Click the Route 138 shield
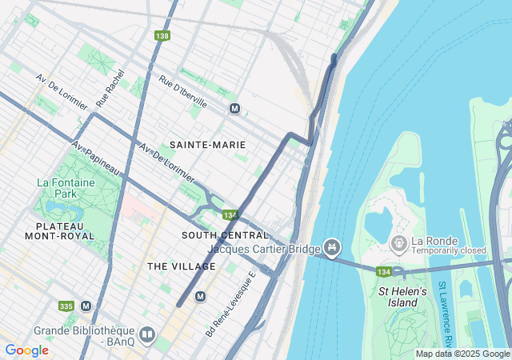162,36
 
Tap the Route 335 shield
66,306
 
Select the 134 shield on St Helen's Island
384,271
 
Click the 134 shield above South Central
230,215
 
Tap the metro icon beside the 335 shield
86,306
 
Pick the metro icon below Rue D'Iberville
234,109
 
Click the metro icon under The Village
201,296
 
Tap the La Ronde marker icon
398,242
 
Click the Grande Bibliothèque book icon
146,334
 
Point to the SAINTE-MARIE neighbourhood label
208,145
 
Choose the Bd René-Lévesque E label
230,303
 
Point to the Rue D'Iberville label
183,91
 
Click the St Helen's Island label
402,297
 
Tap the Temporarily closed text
450,250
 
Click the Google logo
26,350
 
